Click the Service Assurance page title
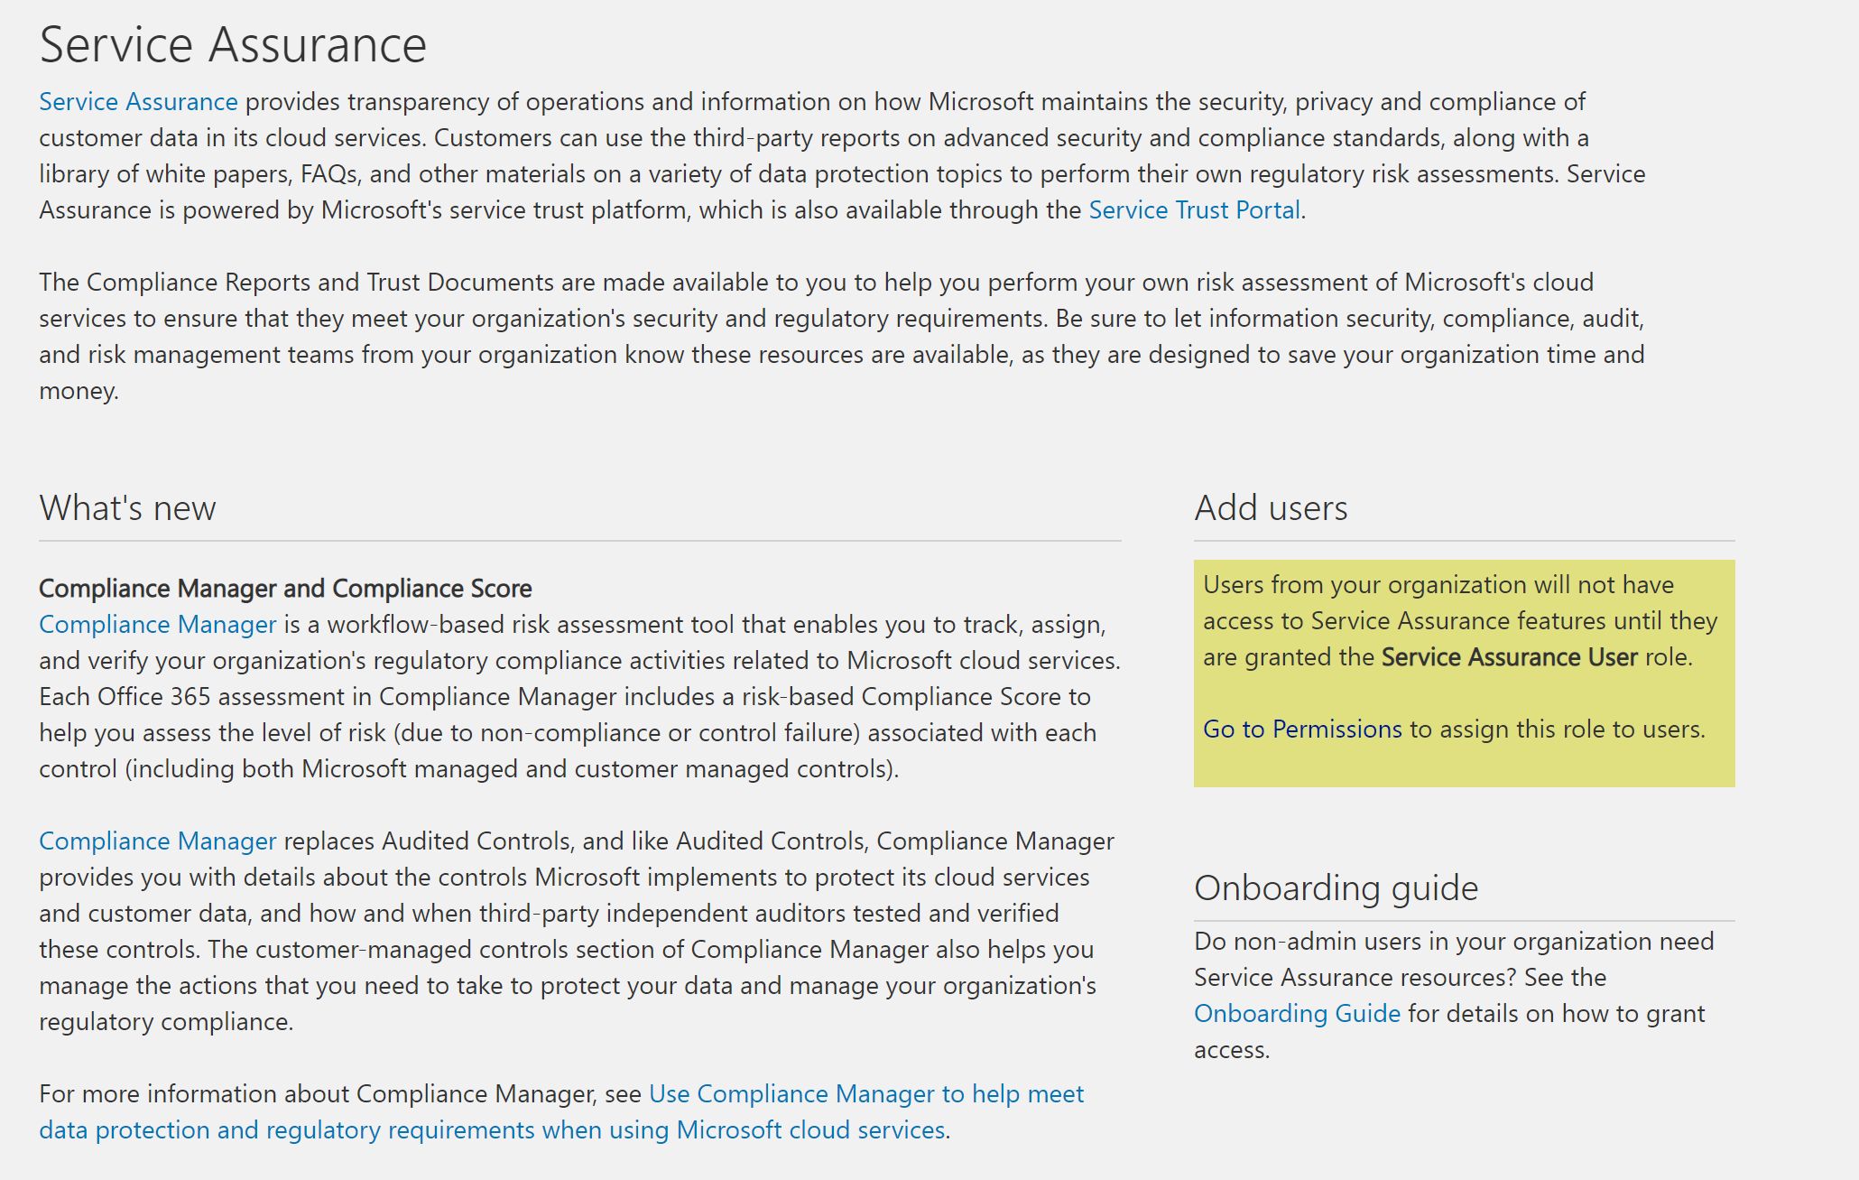(x=233, y=45)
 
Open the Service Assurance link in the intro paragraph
(x=138, y=102)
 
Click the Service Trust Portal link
(x=1194, y=210)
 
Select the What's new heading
(x=127, y=508)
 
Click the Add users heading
(x=1271, y=508)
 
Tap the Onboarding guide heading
(x=1336, y=888)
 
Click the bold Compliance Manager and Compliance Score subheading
(x=285, y=589)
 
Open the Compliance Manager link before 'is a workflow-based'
(x=157, y=625)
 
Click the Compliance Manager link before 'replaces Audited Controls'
(x=157, y=841)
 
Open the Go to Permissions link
(x=1302, y=729)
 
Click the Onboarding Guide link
(x=1297, y=1014)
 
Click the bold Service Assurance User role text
(x=1509, y=657)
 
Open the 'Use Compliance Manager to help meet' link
(x=865, y=1094)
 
